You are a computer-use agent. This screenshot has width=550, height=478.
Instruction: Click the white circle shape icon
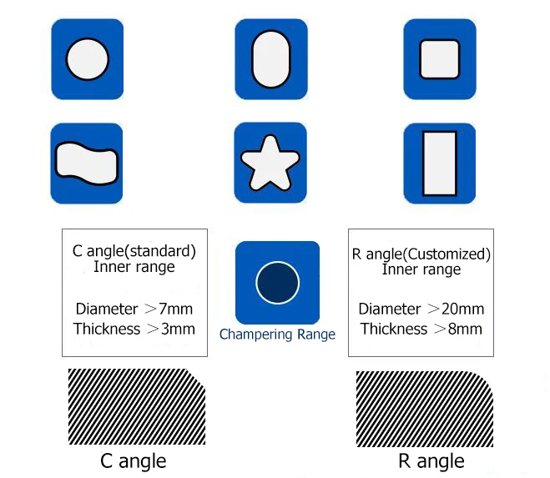(88, 60)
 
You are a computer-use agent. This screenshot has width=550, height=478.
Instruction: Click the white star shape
(270, 163)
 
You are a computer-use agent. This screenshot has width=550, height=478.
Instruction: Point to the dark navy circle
(277, 282)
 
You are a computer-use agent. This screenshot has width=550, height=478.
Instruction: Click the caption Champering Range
(277, 335)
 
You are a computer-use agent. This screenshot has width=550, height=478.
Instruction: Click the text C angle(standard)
(134, 250)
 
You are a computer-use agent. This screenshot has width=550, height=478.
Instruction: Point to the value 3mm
(179, 329)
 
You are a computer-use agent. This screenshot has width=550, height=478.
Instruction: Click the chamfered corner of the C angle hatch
(198, 380)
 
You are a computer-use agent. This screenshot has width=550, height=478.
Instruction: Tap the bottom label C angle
(133, 460)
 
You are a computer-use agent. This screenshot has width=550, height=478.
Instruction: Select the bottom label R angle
(431, 460)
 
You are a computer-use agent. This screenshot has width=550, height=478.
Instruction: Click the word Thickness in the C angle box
(107, 329)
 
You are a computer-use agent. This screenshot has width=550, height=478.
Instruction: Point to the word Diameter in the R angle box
(389, 309)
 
